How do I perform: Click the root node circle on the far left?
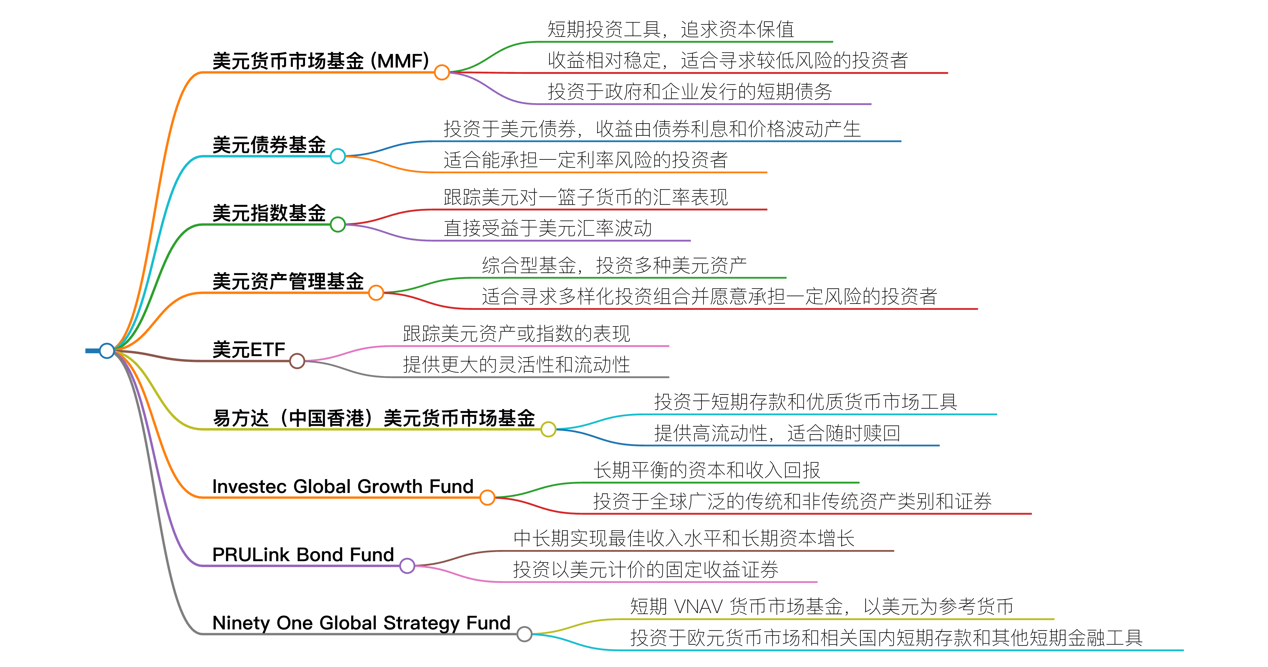coord(107,351)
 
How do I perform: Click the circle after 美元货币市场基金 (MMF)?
coord(442,72)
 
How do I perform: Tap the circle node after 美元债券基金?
coord(338,156)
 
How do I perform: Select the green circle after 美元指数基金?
coord(338,225)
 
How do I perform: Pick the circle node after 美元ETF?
coord(297,361)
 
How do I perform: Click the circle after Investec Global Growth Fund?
coord(487,497)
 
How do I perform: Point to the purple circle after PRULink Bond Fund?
coord(407,565)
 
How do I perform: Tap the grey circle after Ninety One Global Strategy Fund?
coord(524,634)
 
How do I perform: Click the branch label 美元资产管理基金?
coord(288,281)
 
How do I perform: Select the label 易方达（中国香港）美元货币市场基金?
coord(374,418)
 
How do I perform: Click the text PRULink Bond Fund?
coord(303,555)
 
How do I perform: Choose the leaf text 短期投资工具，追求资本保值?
coord(671,30)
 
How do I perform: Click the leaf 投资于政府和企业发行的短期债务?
coord(690,92)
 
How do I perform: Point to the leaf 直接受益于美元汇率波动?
coord(547,228)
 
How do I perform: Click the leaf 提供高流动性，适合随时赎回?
coord(777,433)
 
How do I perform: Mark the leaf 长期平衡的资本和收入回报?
coord(706,470)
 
